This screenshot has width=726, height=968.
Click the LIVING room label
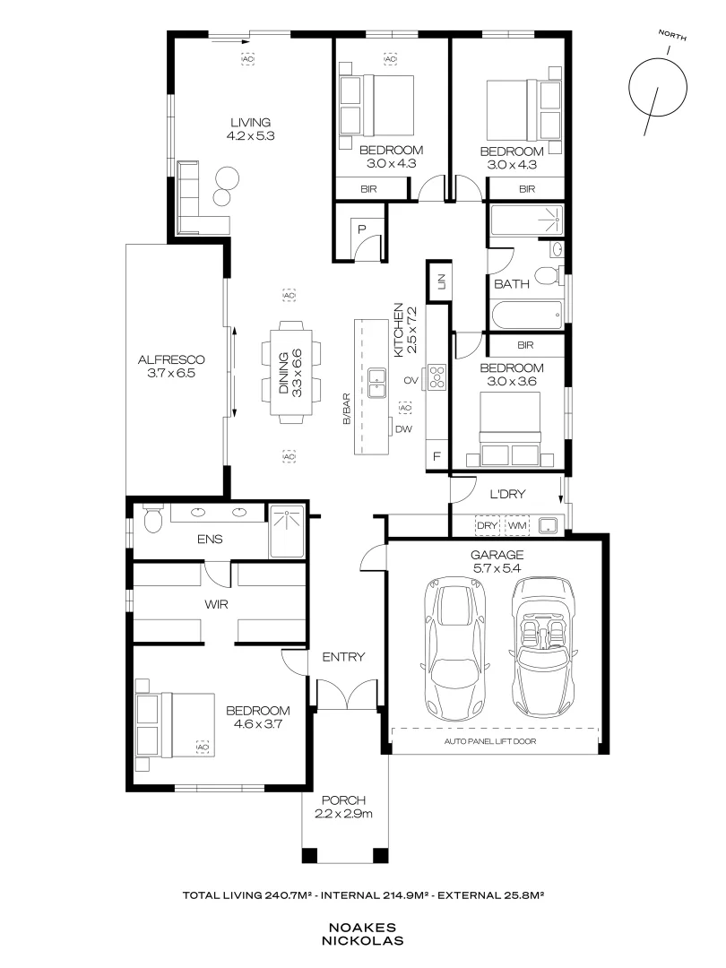pyautogui.click(x=251, y=122)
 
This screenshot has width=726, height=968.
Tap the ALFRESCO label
pyautogui.click(x=171, y=359)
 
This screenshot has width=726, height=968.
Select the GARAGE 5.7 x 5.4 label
pyautogui.click(x=497, y=561)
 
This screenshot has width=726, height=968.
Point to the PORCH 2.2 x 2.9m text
pyautogui.click(x=343, y=807)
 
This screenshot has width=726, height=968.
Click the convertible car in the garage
pyautogui.click(x=542, y=645)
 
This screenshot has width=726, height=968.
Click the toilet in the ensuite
pyautogui.click(x=151, y=519)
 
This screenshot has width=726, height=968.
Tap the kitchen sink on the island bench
pyautogui.click(x=376, y=383)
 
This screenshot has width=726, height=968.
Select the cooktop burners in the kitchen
pyautogui.click(x=437, y=377)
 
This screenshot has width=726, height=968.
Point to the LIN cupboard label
pyautogui.click(x=441, y=282)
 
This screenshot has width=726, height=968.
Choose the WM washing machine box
pyautogui.click(x=517, y=525)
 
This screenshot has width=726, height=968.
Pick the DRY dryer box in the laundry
pyautogui.click(x=488, y=525)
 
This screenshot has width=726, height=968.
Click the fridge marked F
pyautogui.click(x=437, y=457)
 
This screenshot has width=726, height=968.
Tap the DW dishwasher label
pyautogui.click(x=403, y=429)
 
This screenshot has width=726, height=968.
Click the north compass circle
pyautogui.click(x=658, y=88)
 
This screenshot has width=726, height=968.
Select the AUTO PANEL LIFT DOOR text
pyautogui.click(x=490, y=741)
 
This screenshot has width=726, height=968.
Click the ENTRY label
pyautogui.click(x=343, y=657)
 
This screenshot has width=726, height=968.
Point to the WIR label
pyautogui.click(x=216, y=604)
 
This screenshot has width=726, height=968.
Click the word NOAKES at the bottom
pyautogui.click(x=362, y=928)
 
